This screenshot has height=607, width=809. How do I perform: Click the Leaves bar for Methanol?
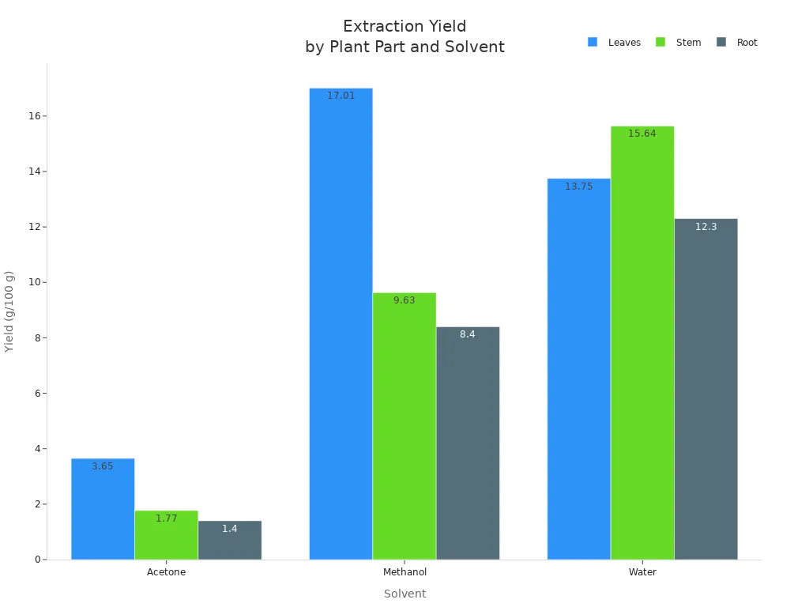tap(341, 324)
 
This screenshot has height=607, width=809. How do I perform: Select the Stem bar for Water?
tap(642, 343)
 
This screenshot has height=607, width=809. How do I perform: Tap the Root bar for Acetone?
tap(230, 541)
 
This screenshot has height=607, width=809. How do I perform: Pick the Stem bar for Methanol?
tap(404, 427)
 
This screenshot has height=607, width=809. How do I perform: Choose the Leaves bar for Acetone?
tap(103, 509)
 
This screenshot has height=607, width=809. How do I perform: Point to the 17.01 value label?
tap(341, 96)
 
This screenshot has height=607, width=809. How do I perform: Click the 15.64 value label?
tap(642, 134)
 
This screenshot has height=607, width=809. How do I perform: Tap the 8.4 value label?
tap(468, 334)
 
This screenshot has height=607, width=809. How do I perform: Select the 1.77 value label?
tap(167, 518)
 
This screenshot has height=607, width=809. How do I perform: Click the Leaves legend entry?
tap(615, 43)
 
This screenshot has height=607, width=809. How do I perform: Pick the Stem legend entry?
tap(679, 43)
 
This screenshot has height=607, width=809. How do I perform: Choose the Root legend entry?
tap(737, 43)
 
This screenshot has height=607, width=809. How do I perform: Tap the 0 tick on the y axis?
tap(37, 560)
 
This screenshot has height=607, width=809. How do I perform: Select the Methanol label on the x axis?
tap(404, 572)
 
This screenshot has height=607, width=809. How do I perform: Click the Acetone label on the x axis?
tap(167, 572)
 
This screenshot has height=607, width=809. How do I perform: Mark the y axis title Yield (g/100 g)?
tap(9, 311)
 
